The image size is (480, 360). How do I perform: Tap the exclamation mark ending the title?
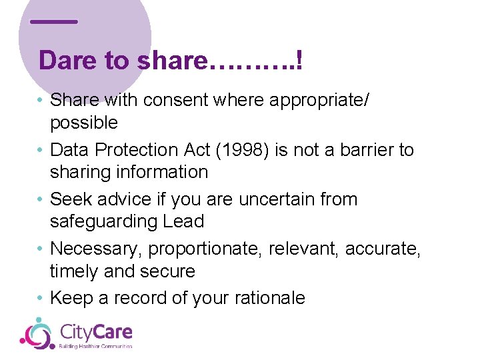click(300, 61)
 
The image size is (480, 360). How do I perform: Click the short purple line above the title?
click(54, 21)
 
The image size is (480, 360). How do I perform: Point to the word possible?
click(84, 123)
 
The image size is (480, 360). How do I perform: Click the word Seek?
click(71, 199)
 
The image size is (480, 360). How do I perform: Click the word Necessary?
click(97, 249)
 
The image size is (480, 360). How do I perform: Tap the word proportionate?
click(205, 249)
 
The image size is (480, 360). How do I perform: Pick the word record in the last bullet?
click(139, 298)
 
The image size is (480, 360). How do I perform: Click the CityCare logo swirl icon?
click(37, 333)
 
